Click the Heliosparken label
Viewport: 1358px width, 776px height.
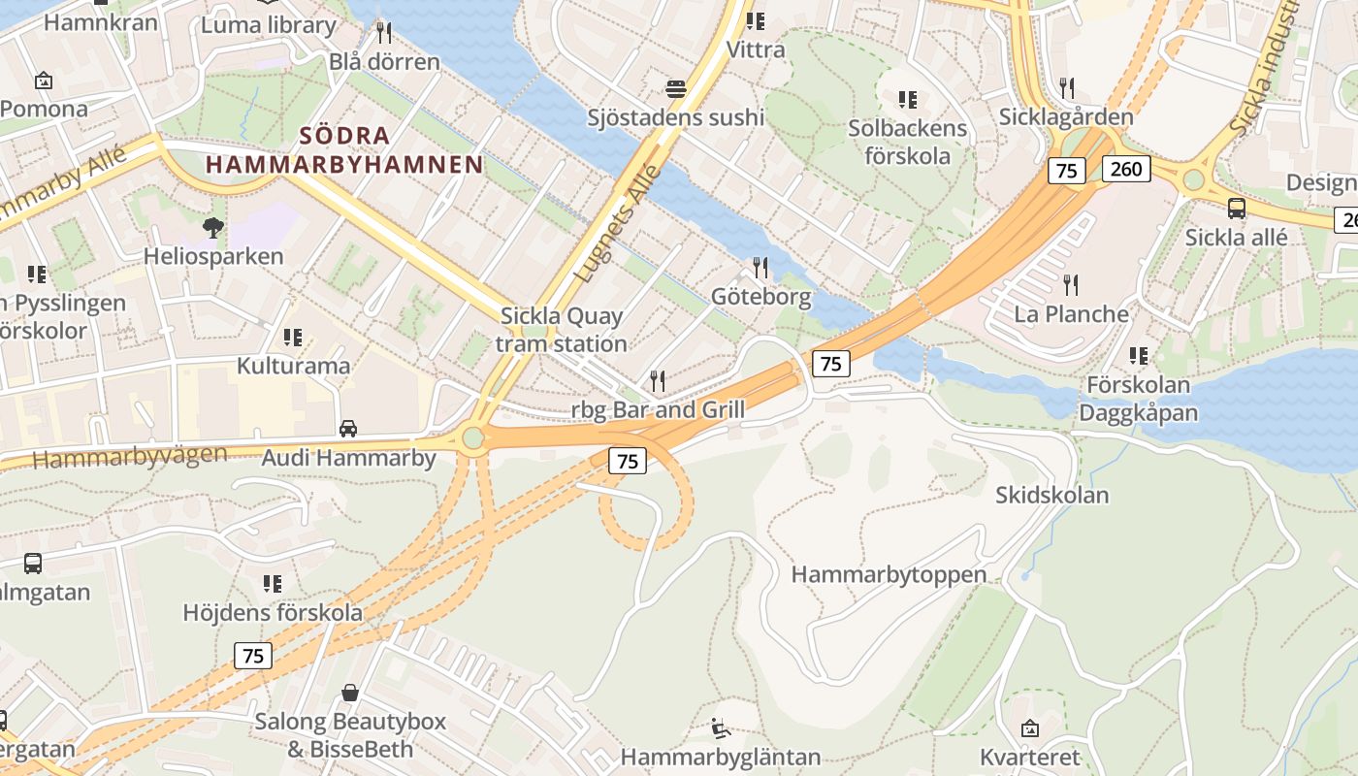coord(213,256)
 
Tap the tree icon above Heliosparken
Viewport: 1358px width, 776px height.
coord(213,228)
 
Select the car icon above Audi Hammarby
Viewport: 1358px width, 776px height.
coord(348,428)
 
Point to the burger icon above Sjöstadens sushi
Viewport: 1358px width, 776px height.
coord(676,89)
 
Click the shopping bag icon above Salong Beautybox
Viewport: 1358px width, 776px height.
coord(350,693)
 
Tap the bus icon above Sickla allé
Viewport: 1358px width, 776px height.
coord(1237,208)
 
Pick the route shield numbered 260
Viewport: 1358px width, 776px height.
coord(1126,170)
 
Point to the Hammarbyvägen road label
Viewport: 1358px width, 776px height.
coord(131,456)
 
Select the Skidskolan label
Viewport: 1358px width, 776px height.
coord(1051,495)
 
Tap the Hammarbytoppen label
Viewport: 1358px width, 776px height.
coord(889,574)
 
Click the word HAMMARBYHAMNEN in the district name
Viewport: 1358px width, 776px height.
coord(344,165)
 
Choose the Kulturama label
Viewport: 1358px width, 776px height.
coord(294,366)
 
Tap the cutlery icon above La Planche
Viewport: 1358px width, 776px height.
coord(1071,285)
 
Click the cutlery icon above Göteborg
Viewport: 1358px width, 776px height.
coord(760,267)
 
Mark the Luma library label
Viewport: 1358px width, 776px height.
coord(269,24)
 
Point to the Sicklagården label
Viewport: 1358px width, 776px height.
coord(1066,117)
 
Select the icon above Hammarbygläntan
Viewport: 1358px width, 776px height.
coord(721,727)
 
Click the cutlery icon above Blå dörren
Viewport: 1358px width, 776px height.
coord(384,33)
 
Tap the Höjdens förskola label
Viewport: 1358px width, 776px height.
coord(273,612)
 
